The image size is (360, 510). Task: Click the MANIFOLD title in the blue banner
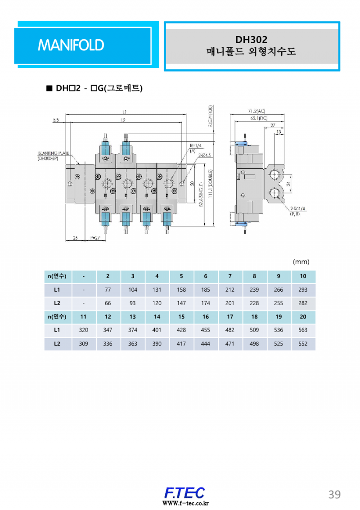point(71,45)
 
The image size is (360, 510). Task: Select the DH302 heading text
point(251,40)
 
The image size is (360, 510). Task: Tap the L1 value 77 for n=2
point(108,290)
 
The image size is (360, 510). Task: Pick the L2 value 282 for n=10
point(303,303)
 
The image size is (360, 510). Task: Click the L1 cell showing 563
point(303,330)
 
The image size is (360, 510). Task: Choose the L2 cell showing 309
point(83,343)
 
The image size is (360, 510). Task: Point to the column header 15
point(181,317)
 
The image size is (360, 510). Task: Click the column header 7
point(230,276)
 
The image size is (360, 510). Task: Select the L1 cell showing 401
point(157,330)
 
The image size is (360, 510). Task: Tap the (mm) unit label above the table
point(301,262)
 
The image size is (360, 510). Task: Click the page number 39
point(334,494)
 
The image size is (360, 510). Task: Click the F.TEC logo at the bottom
point(184,492)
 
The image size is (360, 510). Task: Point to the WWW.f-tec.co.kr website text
point(184,503)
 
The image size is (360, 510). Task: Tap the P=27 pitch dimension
point(95,238)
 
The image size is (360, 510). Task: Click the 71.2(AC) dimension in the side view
point(257,111)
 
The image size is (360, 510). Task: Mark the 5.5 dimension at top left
point(56,120)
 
